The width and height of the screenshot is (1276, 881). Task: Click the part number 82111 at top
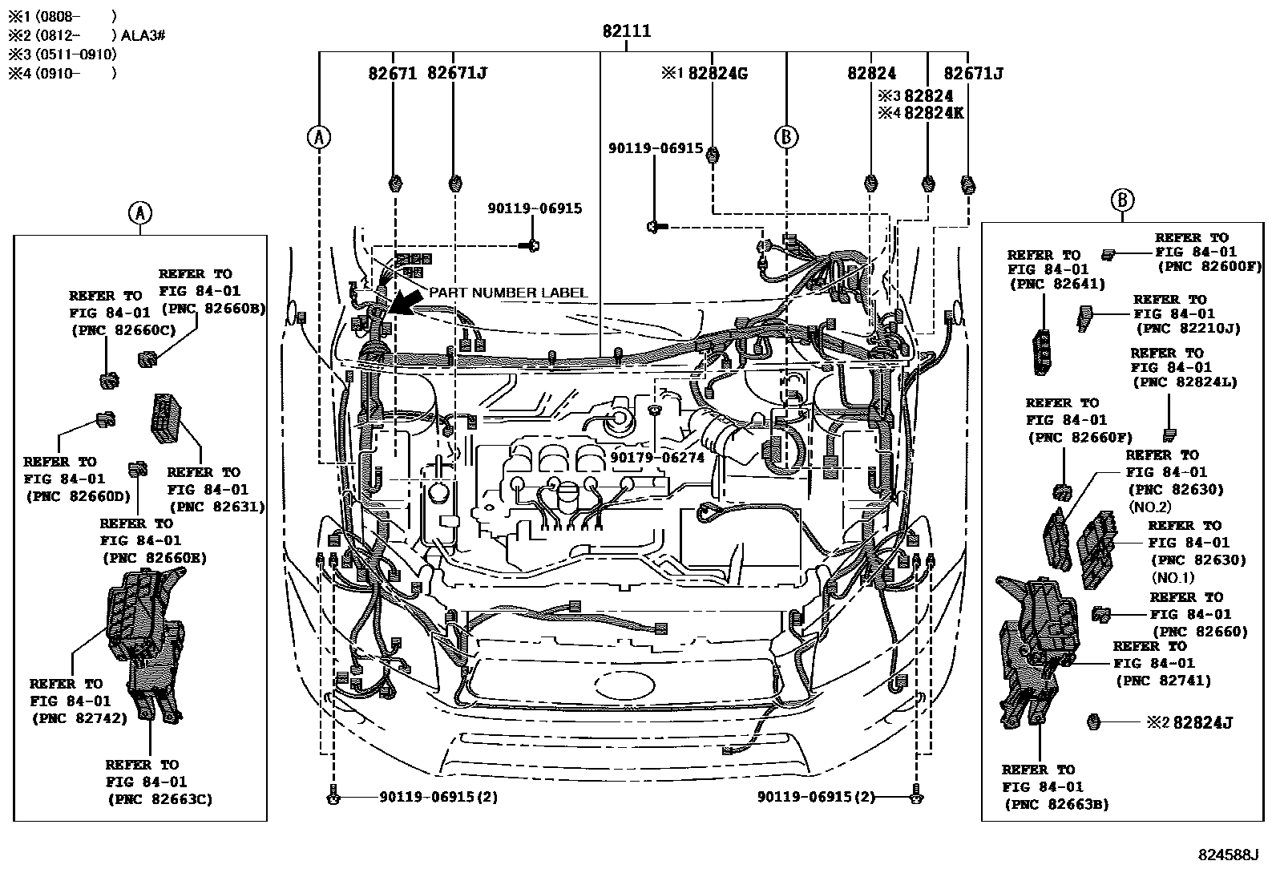tap(626, 31)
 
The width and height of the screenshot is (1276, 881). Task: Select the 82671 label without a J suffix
tap(393, 73)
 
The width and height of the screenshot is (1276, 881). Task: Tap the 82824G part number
tap(717, 73)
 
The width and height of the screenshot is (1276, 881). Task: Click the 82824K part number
tap(933, 113)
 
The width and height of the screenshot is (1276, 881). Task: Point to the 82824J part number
tap(1202, 722)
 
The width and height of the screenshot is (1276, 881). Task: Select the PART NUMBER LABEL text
tap(508, 293)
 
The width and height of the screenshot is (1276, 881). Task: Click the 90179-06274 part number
tap(656, 457)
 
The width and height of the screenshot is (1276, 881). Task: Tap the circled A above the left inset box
tap(139, 212)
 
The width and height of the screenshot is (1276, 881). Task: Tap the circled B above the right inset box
tap(1122, 200)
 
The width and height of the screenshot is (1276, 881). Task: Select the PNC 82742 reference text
tap(79, 718)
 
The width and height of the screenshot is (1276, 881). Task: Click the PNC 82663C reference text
tap(159, 798)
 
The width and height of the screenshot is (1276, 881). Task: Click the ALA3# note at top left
tap(143, 35)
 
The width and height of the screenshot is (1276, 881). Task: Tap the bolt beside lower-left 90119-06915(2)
tap(333, 798)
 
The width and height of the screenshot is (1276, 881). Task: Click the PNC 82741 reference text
tap(1163, 681)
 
